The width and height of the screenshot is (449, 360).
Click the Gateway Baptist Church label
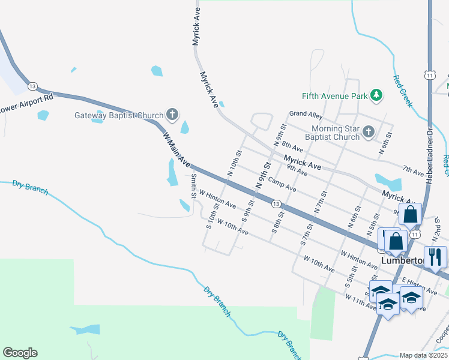119,116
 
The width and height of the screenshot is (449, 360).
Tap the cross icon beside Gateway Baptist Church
172,114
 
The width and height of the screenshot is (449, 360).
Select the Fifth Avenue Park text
334,96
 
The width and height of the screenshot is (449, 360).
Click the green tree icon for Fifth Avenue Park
376,95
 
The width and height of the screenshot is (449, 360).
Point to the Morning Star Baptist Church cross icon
369,131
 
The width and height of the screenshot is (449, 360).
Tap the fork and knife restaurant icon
435,257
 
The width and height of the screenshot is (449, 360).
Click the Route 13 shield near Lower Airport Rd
32,86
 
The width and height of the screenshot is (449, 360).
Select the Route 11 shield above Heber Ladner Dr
429,74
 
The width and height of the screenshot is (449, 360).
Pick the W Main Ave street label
176,150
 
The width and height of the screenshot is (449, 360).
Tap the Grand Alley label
306,113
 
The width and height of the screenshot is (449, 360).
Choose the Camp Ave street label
282,185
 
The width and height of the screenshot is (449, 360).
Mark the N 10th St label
234,163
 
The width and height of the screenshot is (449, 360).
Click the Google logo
20,353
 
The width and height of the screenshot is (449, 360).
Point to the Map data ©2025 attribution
424,355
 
